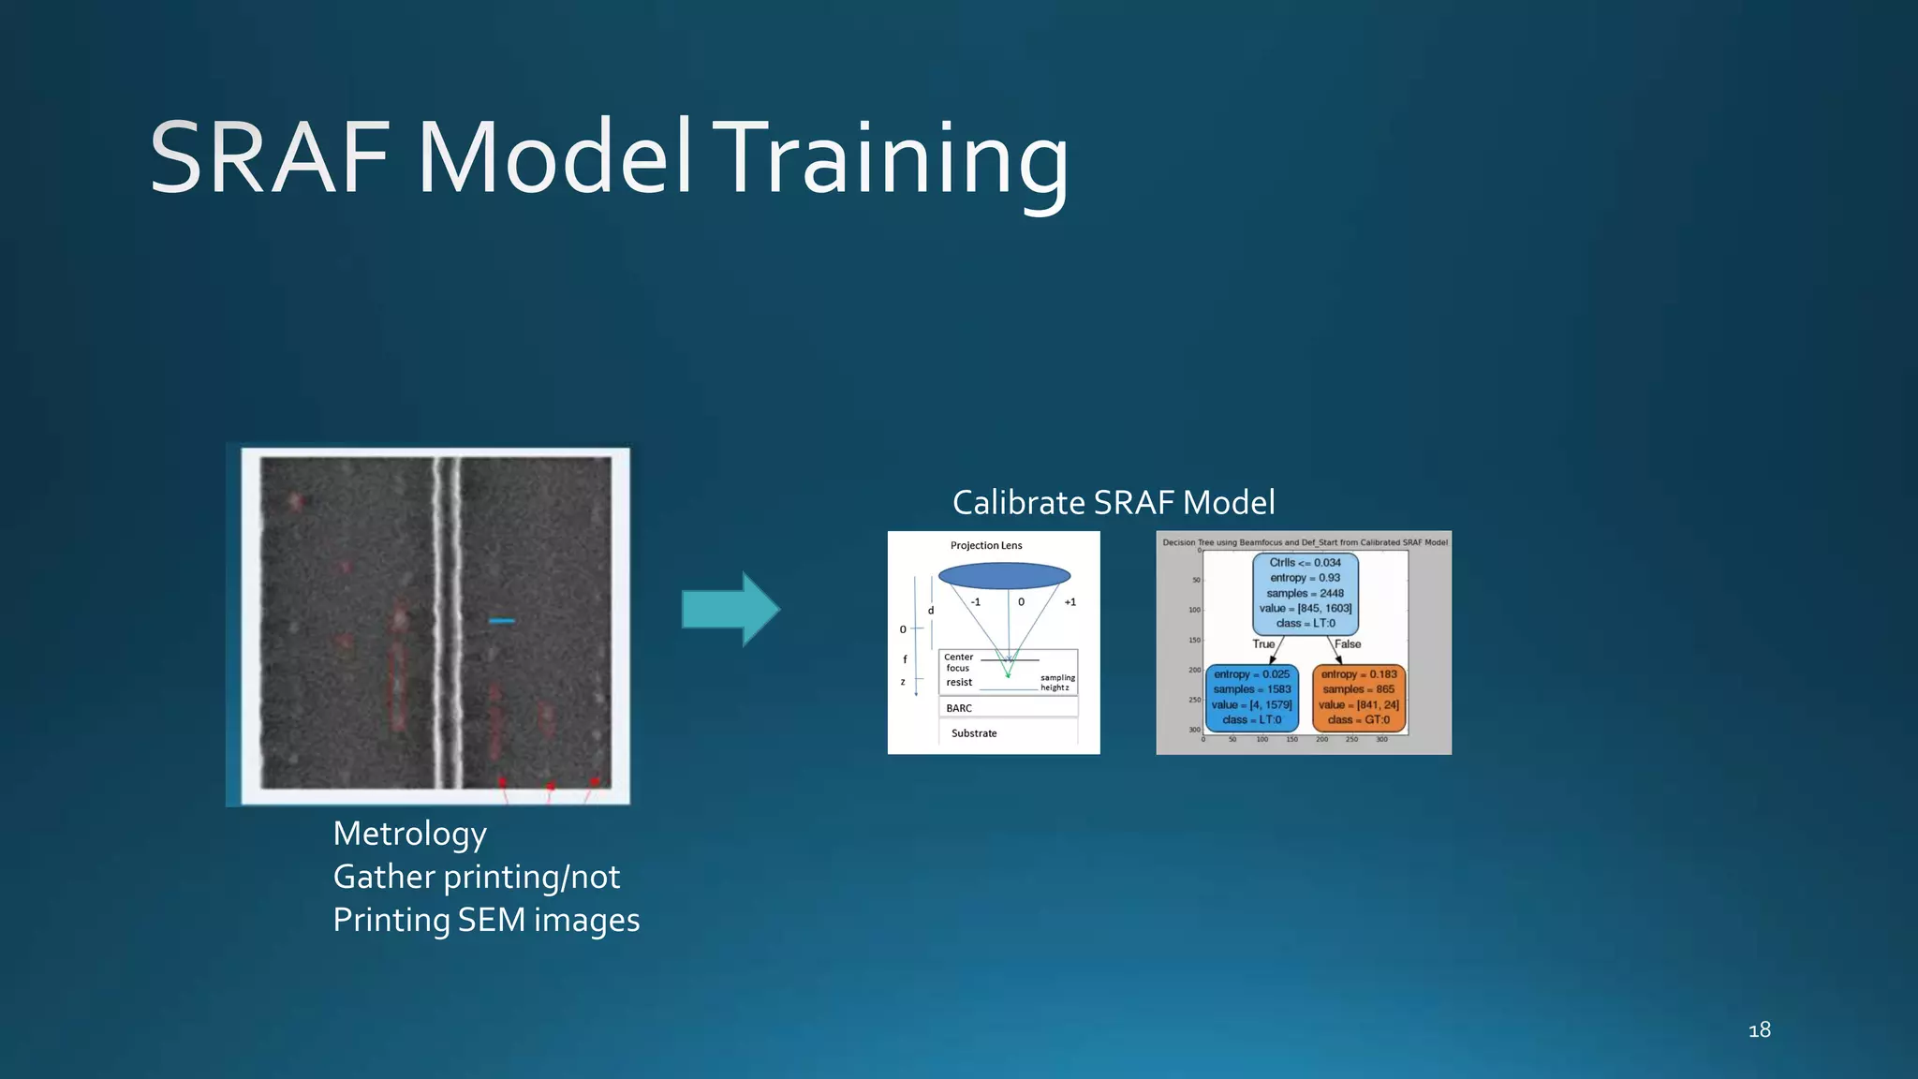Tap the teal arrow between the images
click(x=730, y=609)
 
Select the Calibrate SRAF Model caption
click(x=1114, y=503)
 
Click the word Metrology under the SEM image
click(x=409, y=834)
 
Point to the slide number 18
click(x=1759, y=1030)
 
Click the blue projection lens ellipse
click(x=1004, y=576)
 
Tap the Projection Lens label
click(x=986, y=545)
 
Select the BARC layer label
click(x=959, y=708)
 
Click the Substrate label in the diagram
click(x=974, y=733)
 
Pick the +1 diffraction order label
click(x=1070, y=602)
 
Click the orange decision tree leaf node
click(x=1358, y=697)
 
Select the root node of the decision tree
click(x=1305, y=593)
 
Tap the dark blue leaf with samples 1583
click(x=1251, y=697)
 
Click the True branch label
click(x=1263, y=644)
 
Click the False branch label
click(x=1348, y=644)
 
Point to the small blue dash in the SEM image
click(x=502, y=621)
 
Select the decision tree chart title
click(x=1305, y=542)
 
